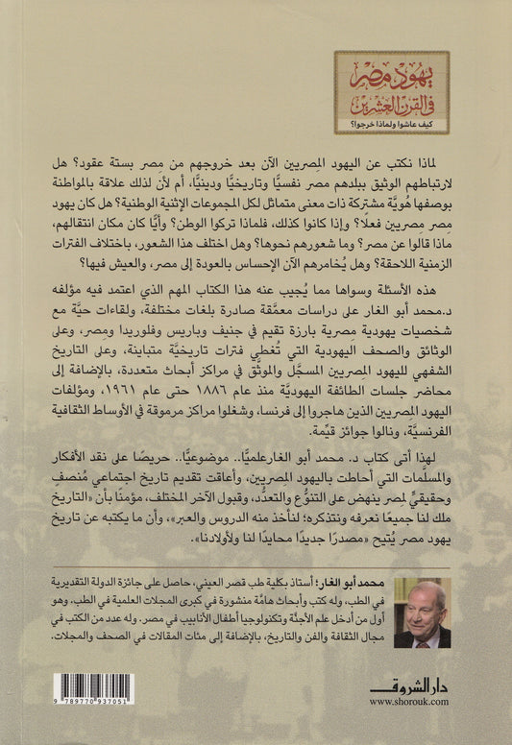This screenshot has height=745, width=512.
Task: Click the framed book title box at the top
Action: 392,91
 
